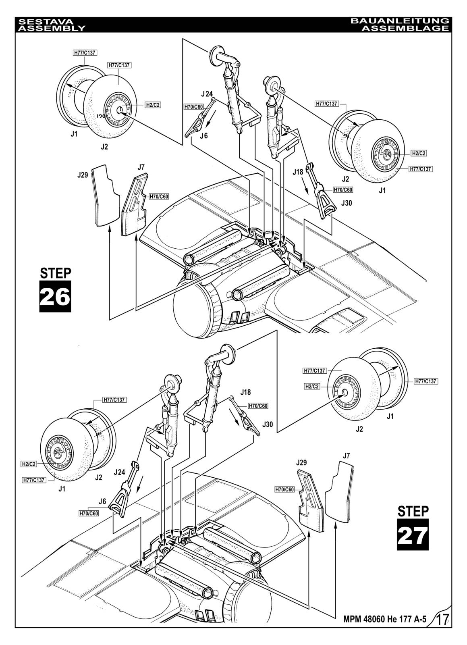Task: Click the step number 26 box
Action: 55,296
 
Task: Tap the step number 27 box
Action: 413,535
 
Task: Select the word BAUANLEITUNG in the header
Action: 399,21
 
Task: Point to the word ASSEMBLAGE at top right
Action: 405,28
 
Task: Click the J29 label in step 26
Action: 83,175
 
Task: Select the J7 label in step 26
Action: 141,166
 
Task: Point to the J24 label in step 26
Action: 207,94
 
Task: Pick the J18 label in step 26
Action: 298,172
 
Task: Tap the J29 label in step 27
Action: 302,462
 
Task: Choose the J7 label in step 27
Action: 346,456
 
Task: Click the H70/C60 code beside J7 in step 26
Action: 159,197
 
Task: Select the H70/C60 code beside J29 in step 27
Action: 284,489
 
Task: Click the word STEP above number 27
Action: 413,511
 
